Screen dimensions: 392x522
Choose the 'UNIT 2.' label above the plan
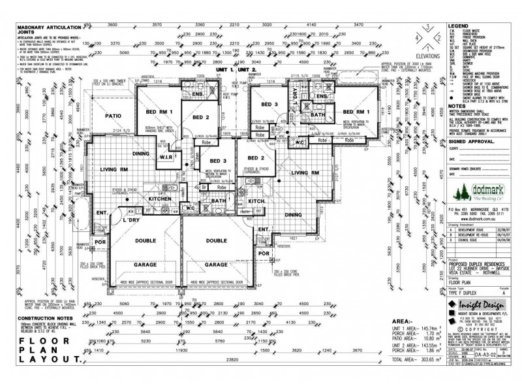247,69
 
